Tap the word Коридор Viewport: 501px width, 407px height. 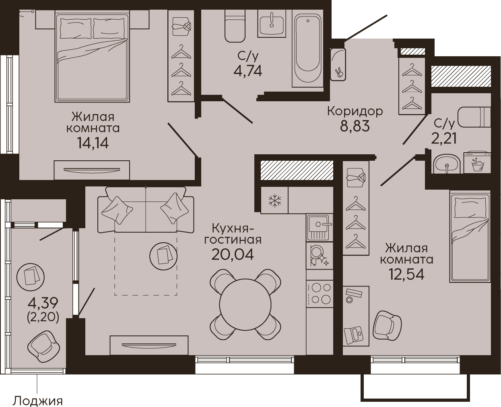pos(355,111)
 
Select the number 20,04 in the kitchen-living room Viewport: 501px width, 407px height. pos(232,254)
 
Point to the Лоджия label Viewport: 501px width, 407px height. pos(38,401)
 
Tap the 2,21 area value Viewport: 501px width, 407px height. pos(444,138)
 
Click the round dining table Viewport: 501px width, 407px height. pos(245,305)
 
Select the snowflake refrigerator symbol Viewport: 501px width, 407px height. pos(275,201)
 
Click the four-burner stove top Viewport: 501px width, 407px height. pos(320,294)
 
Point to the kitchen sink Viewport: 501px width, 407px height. pos(320,227)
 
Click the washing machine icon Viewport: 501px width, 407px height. pos(477,163)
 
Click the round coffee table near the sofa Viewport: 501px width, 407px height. pos(163,255)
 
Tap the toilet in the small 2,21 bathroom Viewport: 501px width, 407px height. pos(474,117)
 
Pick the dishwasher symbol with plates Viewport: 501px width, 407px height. pos(320,256)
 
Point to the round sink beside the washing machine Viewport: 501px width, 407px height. pos(446,164)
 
